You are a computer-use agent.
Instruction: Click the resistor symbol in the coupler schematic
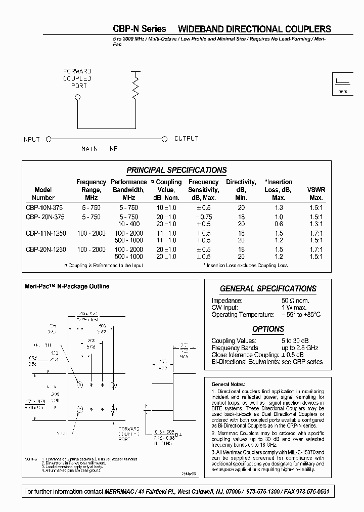pos(135,87)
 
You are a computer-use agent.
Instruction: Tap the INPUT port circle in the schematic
pos(49,139)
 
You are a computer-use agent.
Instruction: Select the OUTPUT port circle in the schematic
pos(164,139)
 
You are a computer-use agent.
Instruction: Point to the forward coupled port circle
pos(77,98)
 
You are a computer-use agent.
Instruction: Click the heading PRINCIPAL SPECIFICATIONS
pos(176,170)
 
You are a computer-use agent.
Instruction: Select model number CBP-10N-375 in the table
pos(45,208)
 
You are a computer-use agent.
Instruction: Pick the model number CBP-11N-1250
pos(45,233)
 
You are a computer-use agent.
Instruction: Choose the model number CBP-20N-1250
pos(45,249)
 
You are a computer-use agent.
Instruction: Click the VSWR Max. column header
pos(316,194)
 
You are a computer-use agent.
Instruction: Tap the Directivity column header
pos(241,190)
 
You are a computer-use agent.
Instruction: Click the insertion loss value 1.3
pos(279,208)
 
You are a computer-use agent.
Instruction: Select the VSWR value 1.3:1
pos(316,224)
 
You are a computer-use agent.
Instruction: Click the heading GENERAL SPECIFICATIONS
pos(268,289)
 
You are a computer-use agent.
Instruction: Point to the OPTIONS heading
pos(268,329)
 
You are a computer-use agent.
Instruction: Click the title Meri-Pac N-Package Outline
pos(67,286)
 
